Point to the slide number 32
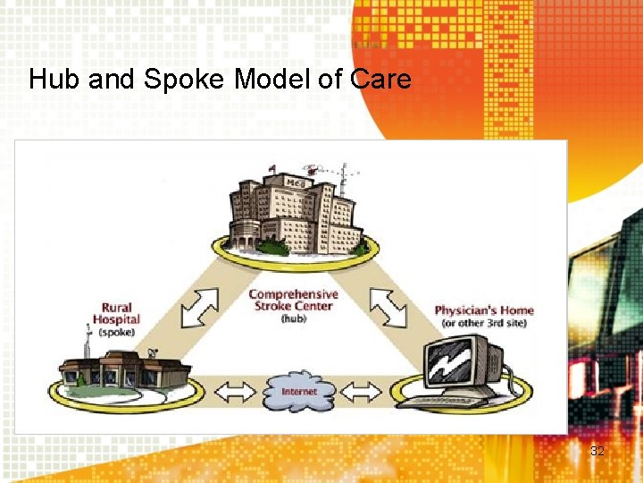tap(597, 451)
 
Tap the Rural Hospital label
tap(117, 313)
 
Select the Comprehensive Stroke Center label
tap(293, 300)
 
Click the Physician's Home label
tap(484, 310)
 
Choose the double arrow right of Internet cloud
tap(363, 391)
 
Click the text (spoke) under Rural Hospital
tap(117, 332)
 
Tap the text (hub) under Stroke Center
tap(293, 318)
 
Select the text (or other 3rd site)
tap(484, 323)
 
